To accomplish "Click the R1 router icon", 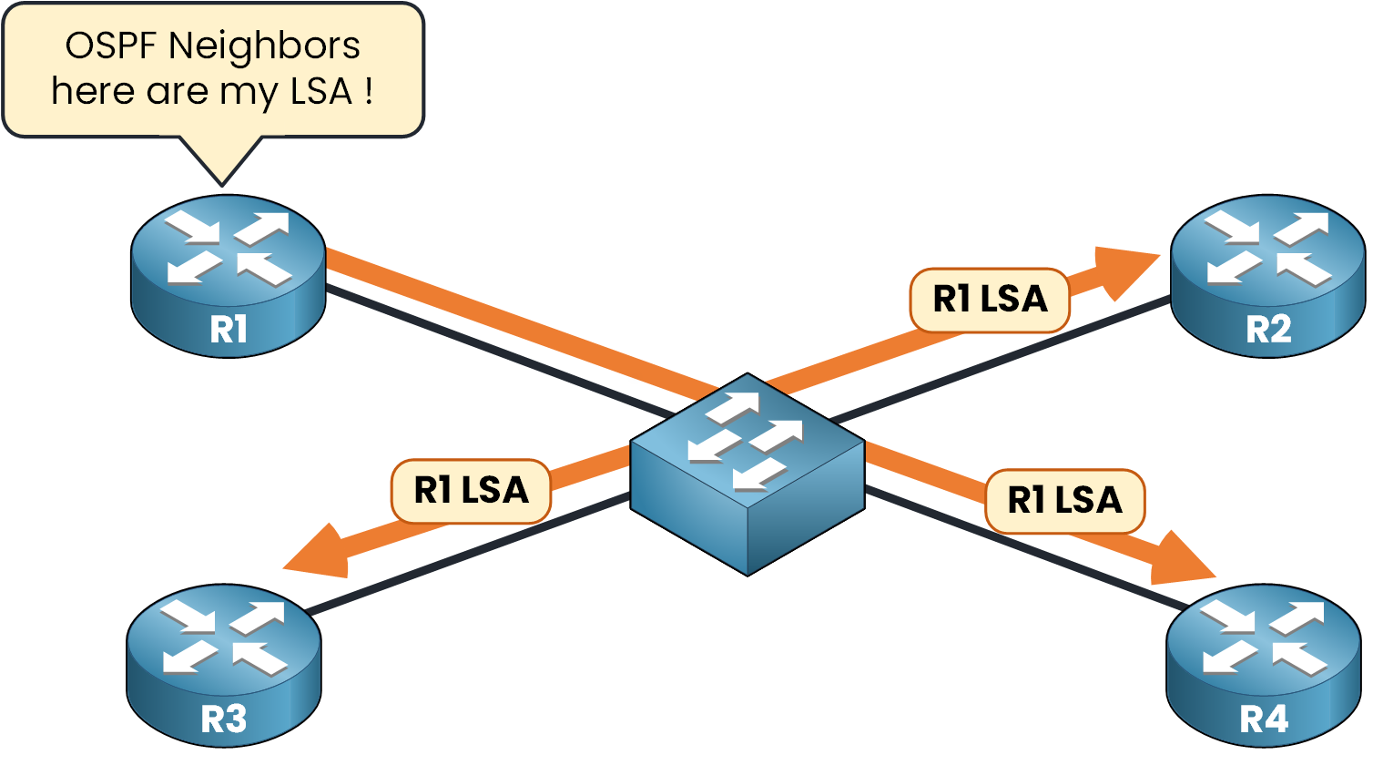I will (x=228, y=273).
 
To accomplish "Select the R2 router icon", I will (x=1267, y=273).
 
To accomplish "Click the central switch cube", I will (x=748, y=474).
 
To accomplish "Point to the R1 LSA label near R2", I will (x=990, y=300).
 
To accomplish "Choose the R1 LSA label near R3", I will (x=471, y=491).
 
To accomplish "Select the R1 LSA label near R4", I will (x=1064, y=501).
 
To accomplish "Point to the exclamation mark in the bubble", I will (x=369, y=91).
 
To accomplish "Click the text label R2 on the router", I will (x=1268, y=329).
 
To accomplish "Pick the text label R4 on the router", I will (x=1264, y=719).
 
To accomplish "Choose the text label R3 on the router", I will (x=224, y=719).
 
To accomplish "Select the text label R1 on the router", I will (x=228, y=329).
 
